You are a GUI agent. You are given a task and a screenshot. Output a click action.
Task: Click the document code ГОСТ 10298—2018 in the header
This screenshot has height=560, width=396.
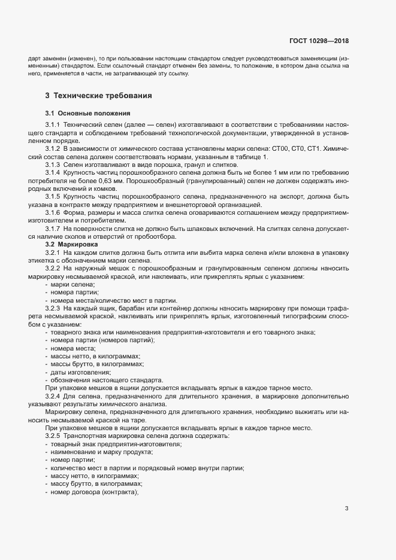click(318, 41)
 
